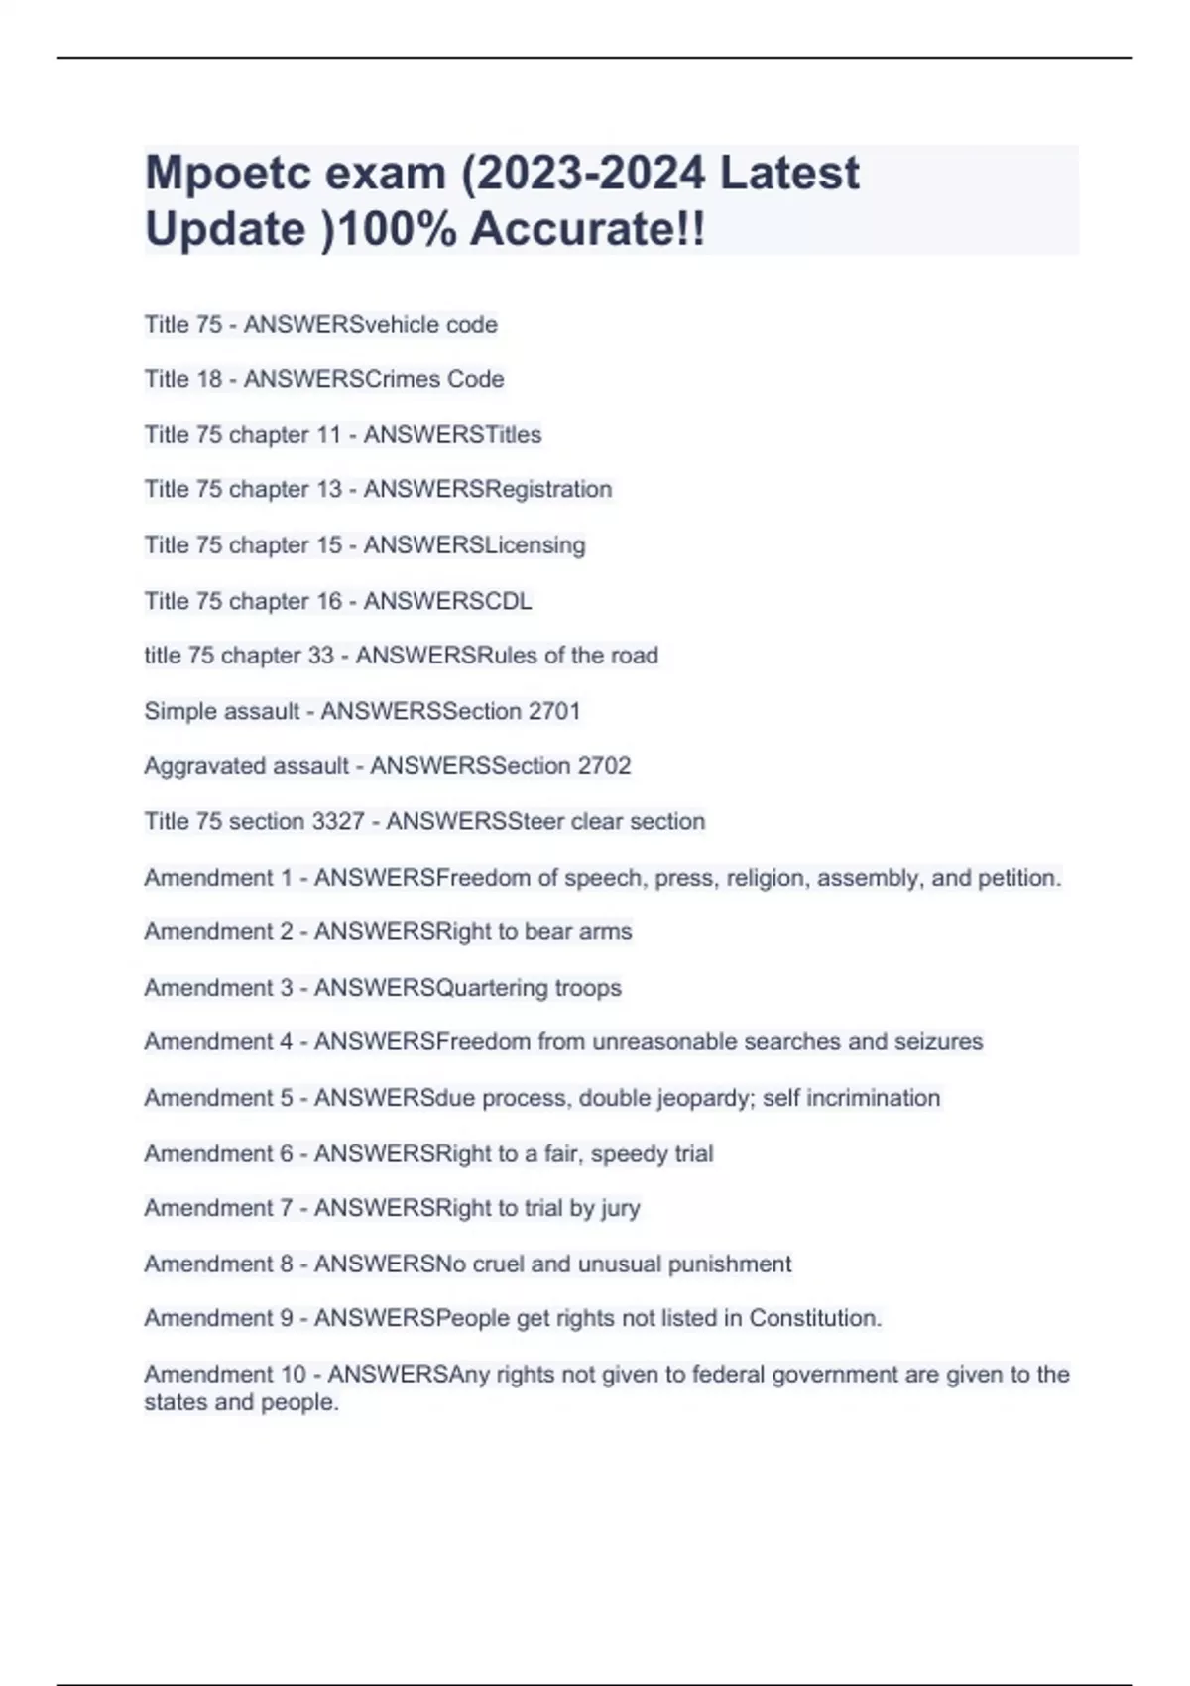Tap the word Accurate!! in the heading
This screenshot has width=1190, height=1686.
click(x=588, y=229)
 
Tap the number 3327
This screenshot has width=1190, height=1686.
click(x=338, y=821)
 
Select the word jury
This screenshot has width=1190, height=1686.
click(x=620, y=1208)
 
